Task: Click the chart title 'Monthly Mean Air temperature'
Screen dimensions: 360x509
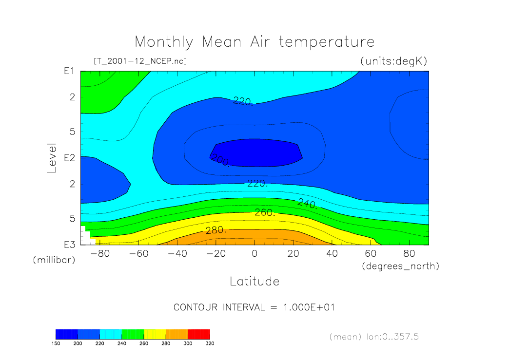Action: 254,42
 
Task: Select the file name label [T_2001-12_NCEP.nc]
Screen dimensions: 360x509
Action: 140,61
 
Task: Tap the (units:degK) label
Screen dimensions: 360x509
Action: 394,61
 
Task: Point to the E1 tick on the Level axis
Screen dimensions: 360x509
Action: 69,71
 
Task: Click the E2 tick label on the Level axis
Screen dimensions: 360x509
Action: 69,158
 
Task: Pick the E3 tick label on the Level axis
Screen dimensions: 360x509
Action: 69,244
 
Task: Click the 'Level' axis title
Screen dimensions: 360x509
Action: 52,158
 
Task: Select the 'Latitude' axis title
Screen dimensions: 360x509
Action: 254,281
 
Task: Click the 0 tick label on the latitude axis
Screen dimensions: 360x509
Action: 254,254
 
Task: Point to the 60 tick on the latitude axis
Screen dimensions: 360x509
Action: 371,254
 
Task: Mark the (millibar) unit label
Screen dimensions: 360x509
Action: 54,260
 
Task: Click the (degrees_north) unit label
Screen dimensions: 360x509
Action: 400,266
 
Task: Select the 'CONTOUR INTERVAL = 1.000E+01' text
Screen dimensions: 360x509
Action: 254,308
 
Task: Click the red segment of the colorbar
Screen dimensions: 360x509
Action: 199,334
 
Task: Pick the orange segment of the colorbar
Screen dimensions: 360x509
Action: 176,334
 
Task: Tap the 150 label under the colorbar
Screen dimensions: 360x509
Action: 56,343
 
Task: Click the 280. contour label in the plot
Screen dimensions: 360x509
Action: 216,230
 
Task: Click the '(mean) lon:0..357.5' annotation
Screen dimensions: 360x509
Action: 374,337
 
